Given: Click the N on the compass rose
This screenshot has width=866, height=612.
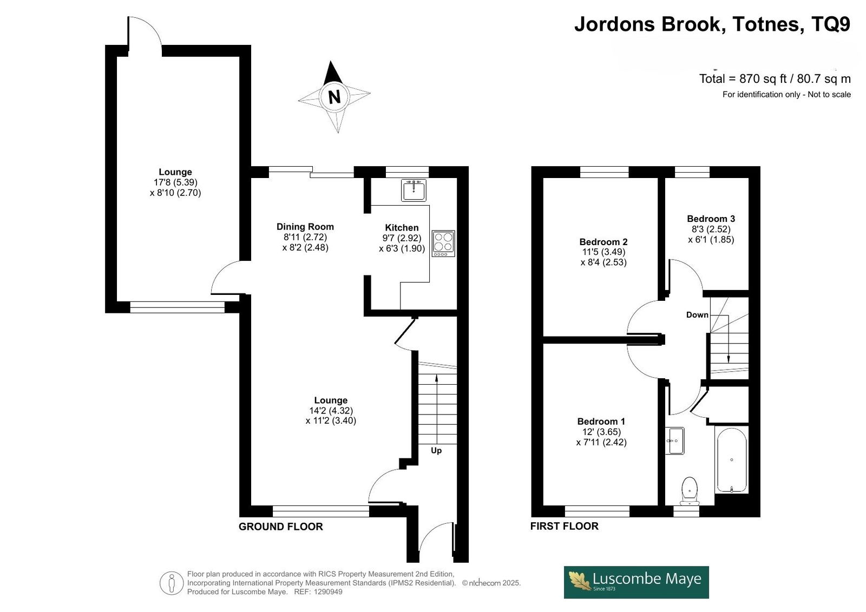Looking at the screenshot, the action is pyautogui.click(x=334, y=96).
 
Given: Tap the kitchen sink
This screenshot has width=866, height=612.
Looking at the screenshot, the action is pyautogui.click(x=414, y=190).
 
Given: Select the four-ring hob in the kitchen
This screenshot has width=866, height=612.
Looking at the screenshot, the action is pyautogui.click(x=443, y=244).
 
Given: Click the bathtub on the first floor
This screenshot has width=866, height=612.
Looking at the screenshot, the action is pyautogui.click(x=731, y=460).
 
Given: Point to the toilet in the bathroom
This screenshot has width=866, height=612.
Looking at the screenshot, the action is pyautogui.click(x=690, y=491).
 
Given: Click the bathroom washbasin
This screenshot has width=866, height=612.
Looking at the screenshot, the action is pyautogui.click(x=674, y=440).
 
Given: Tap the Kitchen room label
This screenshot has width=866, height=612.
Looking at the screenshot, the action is pyautogui.click(x=402, y=228).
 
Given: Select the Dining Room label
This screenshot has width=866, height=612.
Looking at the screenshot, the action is pyautogui.click(x=305, y=227).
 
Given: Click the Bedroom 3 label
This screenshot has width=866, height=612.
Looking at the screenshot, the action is pyautogui.click(x=711, y=219).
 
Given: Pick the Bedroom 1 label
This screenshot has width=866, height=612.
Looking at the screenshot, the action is pyautogui.click(x=601, y=422).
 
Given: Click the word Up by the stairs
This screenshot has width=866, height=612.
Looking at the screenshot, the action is pyautogui.click(x=436, y=451).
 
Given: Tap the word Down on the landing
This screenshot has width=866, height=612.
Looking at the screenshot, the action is pyautogui.click(x=697, y=315).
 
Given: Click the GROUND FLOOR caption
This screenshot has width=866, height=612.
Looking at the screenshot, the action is pyautogui.click(x=281, y=527).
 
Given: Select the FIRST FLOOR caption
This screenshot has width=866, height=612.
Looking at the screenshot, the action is pyautogui.click(x=565, y=526).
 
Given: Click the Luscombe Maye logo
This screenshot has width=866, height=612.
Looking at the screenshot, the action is pyautogui.click(x=637, y=582).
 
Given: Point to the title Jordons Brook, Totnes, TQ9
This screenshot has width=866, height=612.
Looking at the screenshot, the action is pyautogui.click(x=712, y=24).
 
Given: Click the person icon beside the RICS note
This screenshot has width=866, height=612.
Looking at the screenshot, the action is pyautogui.click(x=171, y=583).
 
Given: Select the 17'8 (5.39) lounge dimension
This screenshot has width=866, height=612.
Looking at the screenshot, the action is pyautogui.click(x=175, y=182).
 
